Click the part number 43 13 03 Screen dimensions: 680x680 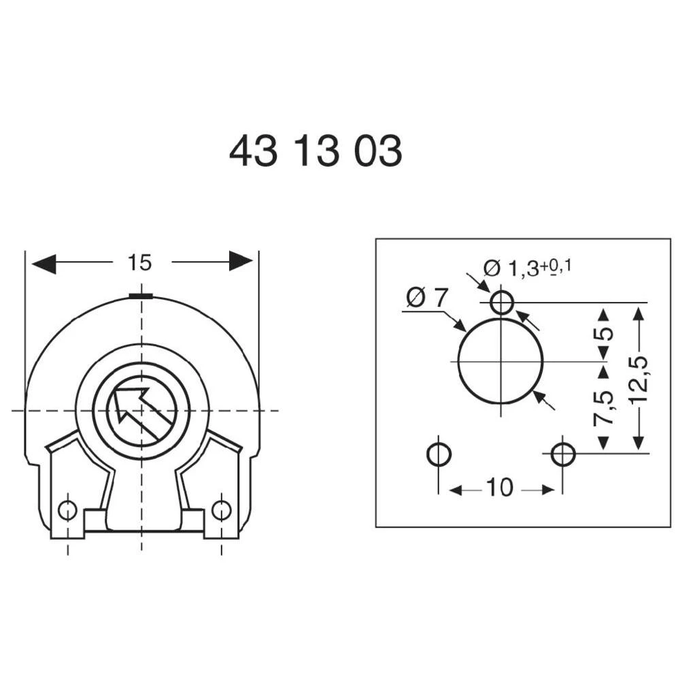316,152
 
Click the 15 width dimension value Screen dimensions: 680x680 139,262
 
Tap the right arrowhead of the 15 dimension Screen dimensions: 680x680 241,260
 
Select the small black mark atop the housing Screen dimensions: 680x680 141,296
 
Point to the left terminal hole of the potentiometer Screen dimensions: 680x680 67,509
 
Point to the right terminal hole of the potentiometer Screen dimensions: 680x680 221,509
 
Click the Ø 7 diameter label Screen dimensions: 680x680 428,298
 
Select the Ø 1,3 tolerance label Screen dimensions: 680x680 527,267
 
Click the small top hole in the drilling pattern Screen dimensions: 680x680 501,302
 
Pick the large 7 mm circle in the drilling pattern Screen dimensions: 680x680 500,360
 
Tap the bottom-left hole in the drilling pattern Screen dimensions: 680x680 439,454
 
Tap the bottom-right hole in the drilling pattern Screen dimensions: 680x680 563,454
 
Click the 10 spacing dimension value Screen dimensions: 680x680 500,488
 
